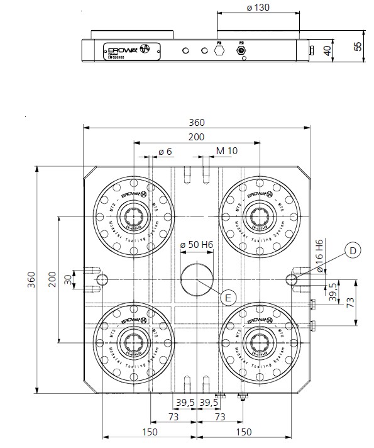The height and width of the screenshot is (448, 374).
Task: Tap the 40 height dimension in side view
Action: click(327, 51)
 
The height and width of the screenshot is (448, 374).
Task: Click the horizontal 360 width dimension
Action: click(197, 122)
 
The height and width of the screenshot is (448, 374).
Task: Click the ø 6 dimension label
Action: click(165, 152)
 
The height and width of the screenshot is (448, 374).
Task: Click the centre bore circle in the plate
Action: click(197, 279)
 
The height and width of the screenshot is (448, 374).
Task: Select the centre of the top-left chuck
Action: click(133, 217)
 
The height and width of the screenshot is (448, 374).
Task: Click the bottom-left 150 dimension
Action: click(150, 432)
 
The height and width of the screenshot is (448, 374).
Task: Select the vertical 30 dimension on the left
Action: click(67, 279)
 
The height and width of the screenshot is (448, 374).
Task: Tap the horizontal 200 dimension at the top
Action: click(197, 137)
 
